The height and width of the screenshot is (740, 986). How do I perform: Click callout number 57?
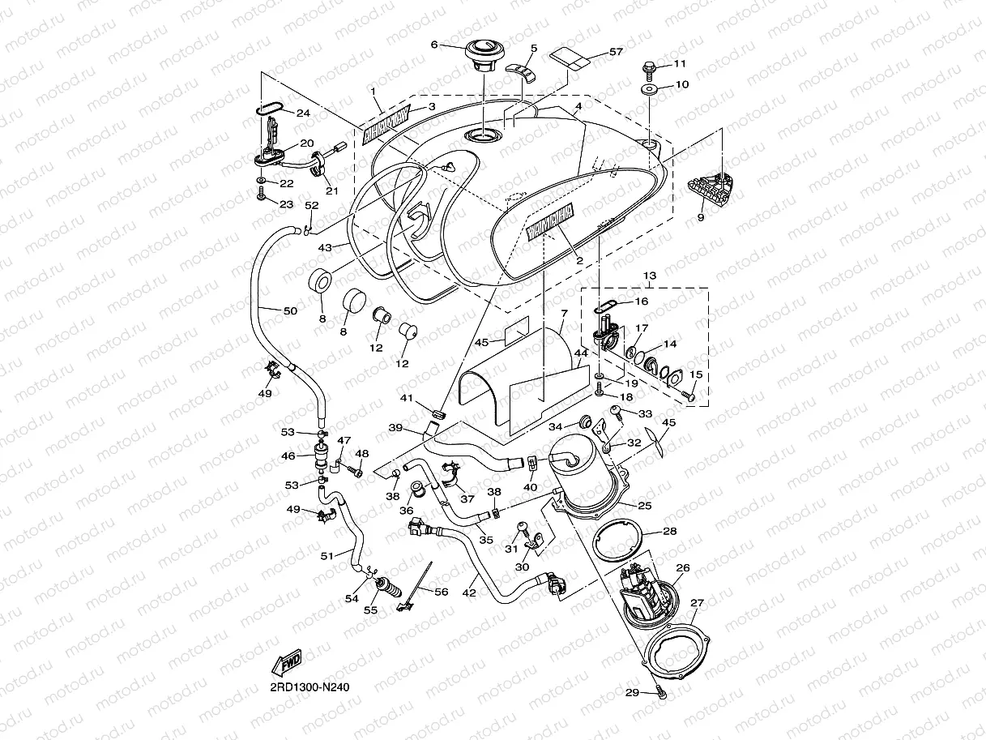coord(616,52)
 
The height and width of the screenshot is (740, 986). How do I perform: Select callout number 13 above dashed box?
coord(649,276)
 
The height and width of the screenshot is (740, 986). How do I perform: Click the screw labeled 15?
coord(688,395)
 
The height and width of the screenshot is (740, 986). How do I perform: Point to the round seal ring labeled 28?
coord(619,544)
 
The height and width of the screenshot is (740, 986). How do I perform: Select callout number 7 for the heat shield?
coord(564,313)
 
